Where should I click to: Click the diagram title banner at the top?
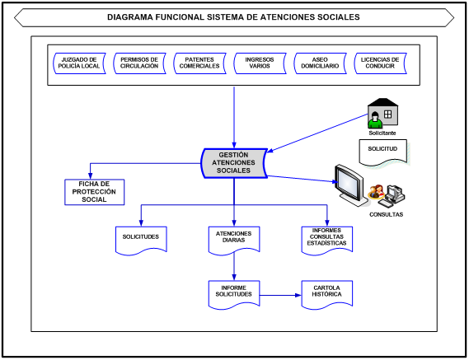click(x=234, y=16)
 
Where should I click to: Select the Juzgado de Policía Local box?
click(x=79, y=63)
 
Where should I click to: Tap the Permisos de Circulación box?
click(x=139, y=63)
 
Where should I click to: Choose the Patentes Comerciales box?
click(x=199, y=63)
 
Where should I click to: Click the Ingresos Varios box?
click(x=260, y=63)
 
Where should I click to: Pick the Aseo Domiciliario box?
click(x=320, y=63)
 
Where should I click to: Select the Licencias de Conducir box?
click(x=380, y=63)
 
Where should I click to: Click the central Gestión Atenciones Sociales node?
click(x=234, y=162)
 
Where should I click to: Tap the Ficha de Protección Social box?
click(x=94, y=191)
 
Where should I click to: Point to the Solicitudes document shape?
click(x=141, y=237)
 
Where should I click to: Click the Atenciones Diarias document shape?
click(x=234, y=238)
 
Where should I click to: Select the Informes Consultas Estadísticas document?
click(x=326, y=238)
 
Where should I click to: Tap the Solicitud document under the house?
click(x=382, y=150)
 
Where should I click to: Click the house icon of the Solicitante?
click(x=383, y=111)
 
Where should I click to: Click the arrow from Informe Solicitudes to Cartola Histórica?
click(x=280, y=293)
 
